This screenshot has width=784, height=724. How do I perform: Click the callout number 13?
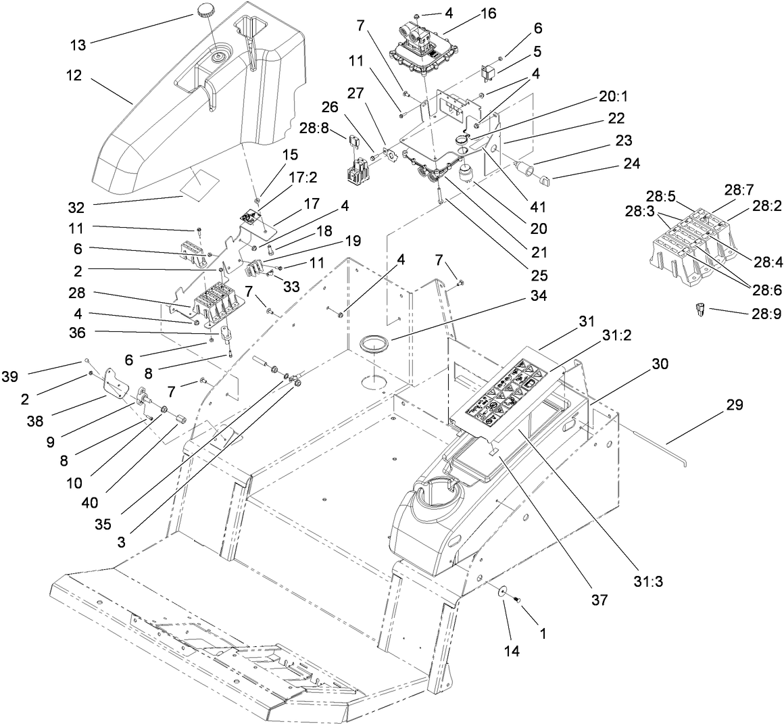79,45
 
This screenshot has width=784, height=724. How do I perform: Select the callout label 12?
74,76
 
